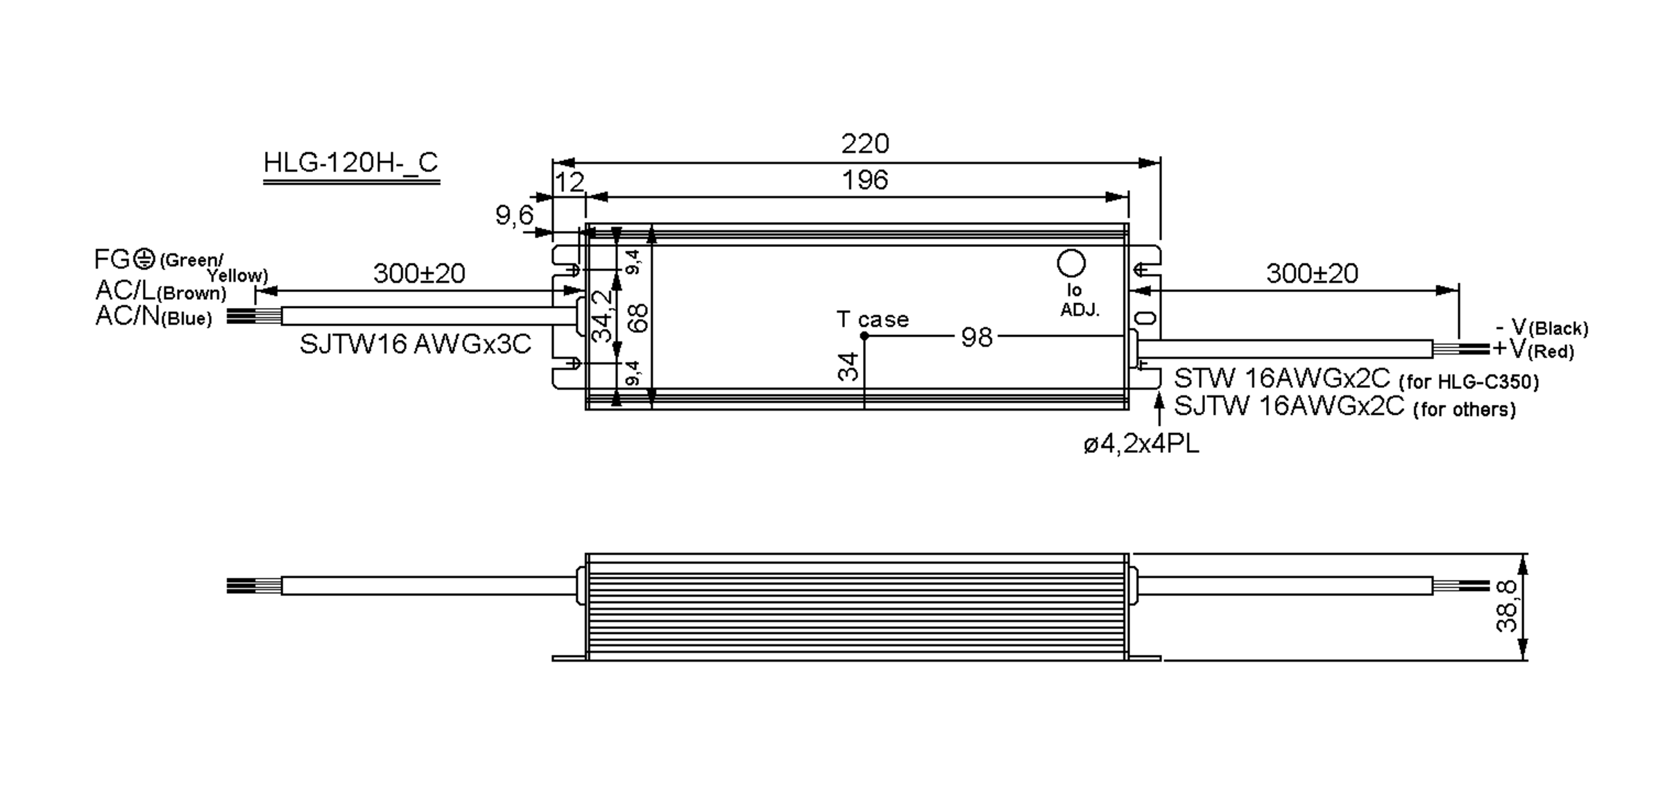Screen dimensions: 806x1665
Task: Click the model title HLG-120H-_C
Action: [x=350, y=163]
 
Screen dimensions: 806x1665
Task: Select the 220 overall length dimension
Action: [x=864, y=144]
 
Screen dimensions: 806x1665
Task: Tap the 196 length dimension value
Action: [x=864, y=180]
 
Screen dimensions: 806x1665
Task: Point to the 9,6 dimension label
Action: [x=514, y=216]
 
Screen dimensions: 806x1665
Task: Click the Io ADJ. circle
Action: [x=1070, y=264]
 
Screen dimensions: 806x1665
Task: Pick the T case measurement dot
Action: [x=864, y=336]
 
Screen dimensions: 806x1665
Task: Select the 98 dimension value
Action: [x=976, y=338]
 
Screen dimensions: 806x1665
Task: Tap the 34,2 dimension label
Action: [x=604, y=316]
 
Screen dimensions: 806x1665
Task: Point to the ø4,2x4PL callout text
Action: [x=1141, y=445]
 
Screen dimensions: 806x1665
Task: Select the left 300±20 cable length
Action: [x=419, y=274]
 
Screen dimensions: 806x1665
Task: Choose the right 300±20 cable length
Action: [x=1312, y=274]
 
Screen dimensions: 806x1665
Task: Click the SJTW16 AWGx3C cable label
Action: [x=415, y=345]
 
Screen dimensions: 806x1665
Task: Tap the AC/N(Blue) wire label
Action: [x=153, y=317]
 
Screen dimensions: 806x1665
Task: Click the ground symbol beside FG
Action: [x=144, y=259]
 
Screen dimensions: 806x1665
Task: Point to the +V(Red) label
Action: [x=1532, y=350]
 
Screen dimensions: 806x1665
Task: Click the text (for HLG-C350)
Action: [x=1469, y=382]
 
